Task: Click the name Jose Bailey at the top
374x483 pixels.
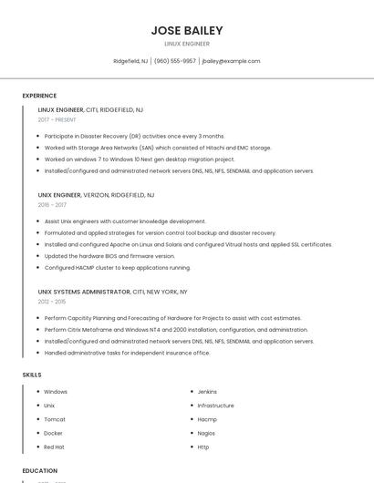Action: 187,30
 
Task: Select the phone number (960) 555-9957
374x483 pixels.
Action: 175,61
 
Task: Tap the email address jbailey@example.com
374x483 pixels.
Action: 231,61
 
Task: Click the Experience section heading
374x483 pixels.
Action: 39,96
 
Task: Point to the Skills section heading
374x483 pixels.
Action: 32,375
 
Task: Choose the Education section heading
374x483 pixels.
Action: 40,470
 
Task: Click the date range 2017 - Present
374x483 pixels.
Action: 57,119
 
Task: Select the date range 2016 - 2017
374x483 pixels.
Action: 52,205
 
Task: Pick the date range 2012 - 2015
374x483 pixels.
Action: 52,302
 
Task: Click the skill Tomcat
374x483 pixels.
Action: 55,419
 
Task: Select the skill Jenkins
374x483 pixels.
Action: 207,392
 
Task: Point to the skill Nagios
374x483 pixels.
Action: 206,433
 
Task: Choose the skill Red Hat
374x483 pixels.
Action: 54,447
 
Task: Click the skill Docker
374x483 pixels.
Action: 53,433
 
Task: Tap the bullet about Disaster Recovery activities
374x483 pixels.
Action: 134,136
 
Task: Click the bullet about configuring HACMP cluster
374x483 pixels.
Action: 117,268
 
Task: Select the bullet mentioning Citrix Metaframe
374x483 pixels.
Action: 176,330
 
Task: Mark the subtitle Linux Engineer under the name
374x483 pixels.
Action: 187,44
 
